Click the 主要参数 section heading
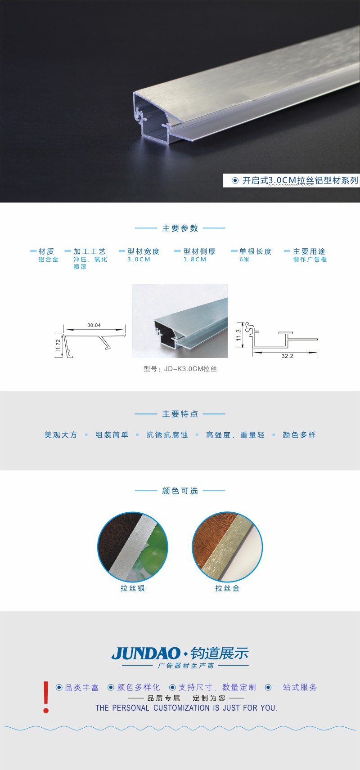[180, 228]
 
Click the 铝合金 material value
[48, 260]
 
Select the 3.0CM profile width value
[139, 260]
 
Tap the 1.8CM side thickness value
[195, 260]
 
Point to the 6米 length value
[244, 260]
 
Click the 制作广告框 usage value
[310, 260]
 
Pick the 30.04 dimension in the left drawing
[94, 325]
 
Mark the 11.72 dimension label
[58, 345]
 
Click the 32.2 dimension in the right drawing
[287, 356]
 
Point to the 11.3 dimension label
[238, 335]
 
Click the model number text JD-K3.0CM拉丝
[180, 369]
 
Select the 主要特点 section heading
[180, 414]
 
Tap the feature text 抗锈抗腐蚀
[167, 435]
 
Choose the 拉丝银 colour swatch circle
[133, 547]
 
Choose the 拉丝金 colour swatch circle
[227, 547]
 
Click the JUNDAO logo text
[146, 654]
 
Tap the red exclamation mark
[46, 697]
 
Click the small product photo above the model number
[180, 321]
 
